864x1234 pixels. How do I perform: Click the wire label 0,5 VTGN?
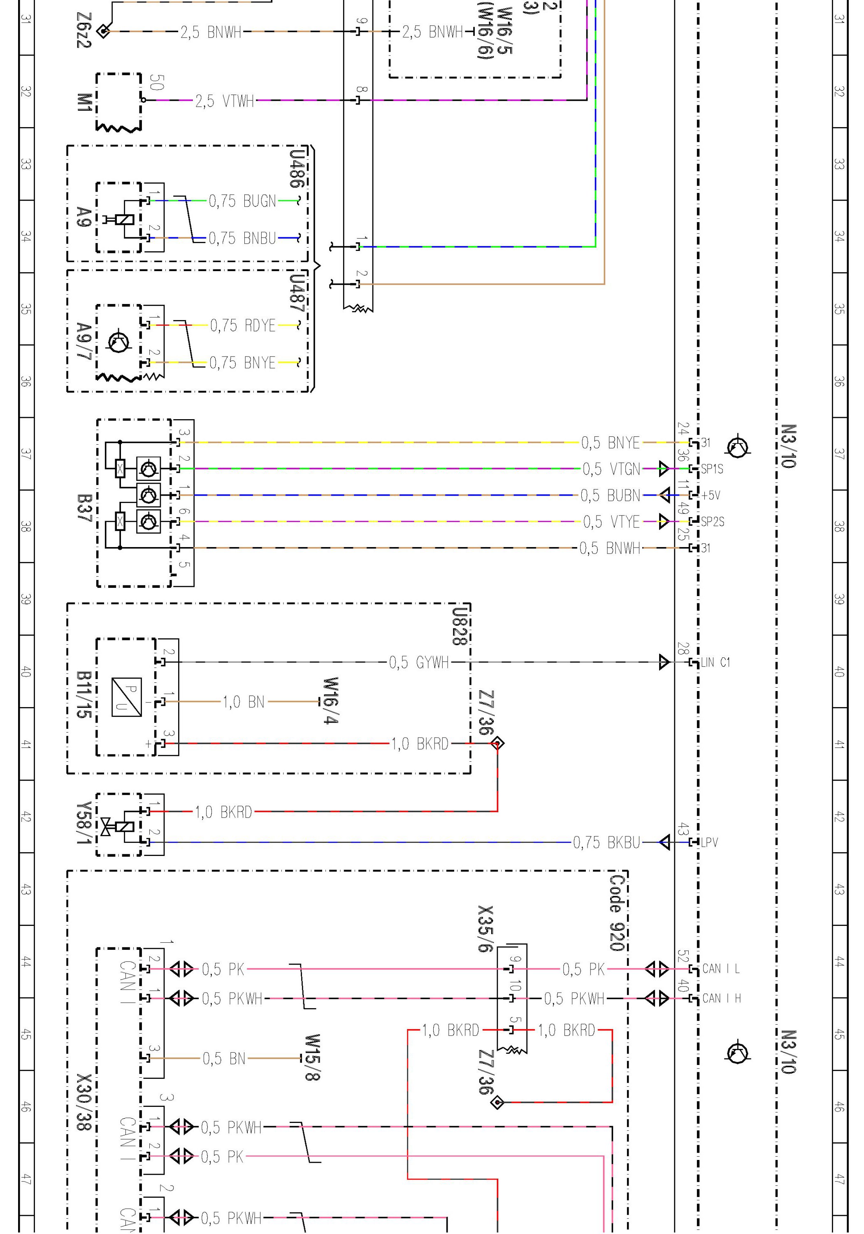click(611, 469)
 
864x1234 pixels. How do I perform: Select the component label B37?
click(84, 507)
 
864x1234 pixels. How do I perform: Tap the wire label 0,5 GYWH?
click(419, 662)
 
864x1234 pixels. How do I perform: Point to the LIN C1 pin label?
click(715, 662)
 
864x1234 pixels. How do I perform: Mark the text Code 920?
click(617, 913)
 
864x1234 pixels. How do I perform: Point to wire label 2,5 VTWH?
click(224, 101)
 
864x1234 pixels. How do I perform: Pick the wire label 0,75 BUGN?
click(242, 201)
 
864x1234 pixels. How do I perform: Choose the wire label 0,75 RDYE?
click(242, 325)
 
